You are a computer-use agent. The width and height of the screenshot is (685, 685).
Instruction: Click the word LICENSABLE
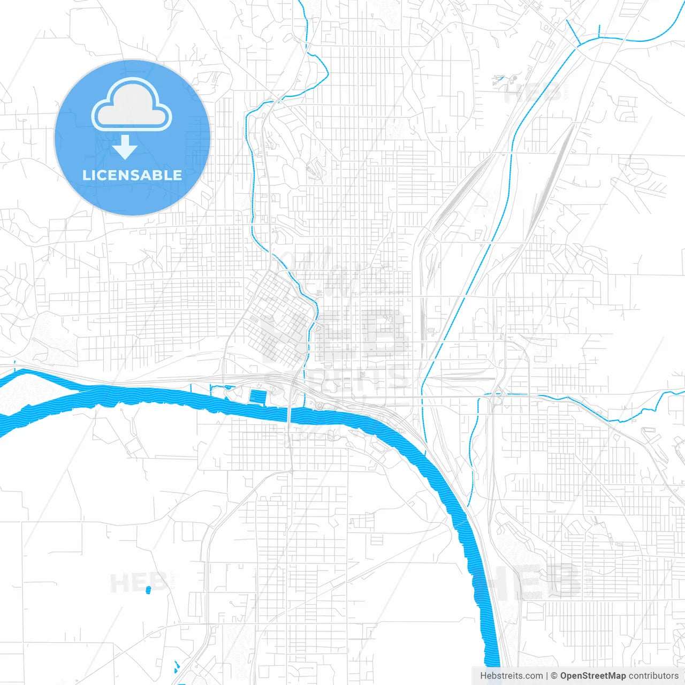tap(132, 175)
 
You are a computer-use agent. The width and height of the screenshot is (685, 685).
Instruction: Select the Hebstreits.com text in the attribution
tap(511, 676)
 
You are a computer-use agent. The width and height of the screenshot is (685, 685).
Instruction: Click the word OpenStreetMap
tap(592, 676)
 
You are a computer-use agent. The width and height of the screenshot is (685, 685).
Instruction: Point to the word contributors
tap(653, 676)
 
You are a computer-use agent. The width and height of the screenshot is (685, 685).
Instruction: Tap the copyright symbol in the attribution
tap(554, 676)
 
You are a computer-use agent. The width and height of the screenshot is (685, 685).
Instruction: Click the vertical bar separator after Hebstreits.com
tap(547, 676)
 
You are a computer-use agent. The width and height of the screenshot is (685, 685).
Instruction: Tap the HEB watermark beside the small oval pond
tap(131, 582)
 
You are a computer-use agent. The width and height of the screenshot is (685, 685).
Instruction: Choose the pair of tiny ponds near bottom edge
tap(176, 667)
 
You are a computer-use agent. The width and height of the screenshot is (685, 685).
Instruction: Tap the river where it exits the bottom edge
tap(492, 664)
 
